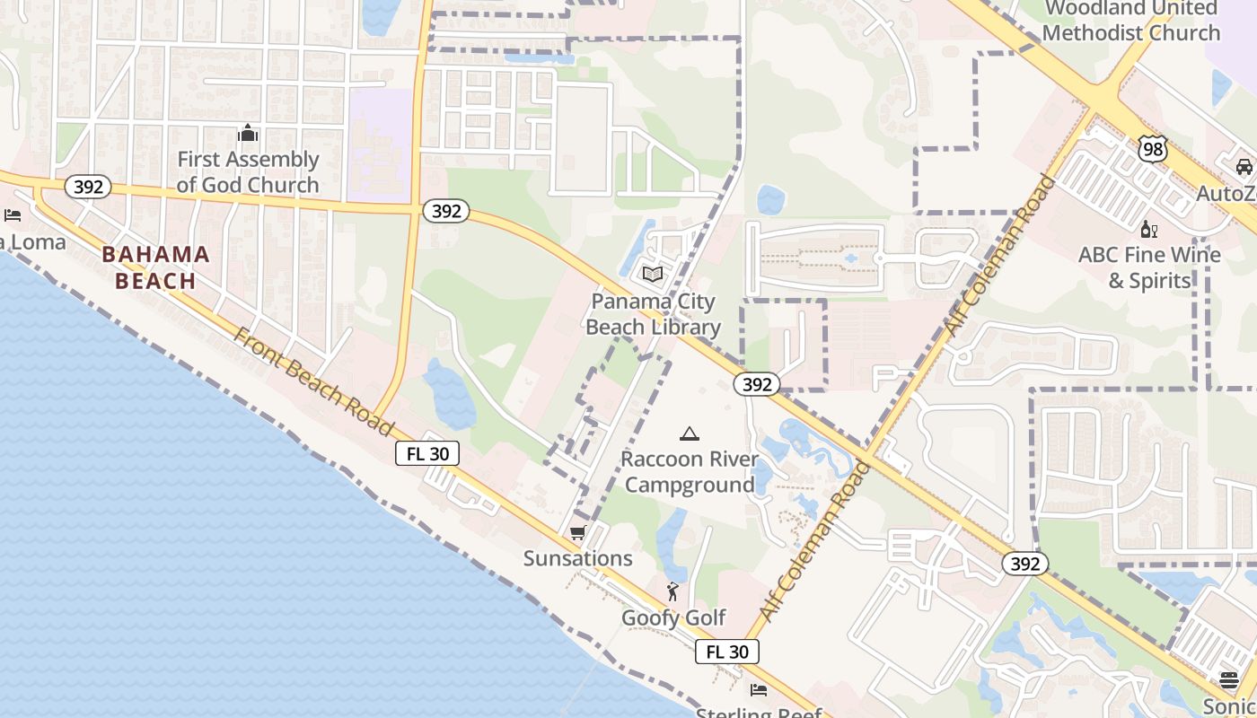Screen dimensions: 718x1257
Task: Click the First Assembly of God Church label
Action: click(248, 172)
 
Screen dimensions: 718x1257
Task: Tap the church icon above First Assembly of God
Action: click(248, 135)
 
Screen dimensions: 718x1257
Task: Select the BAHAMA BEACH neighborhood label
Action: click(155, 267)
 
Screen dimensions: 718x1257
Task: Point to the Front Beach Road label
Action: click(313, 382)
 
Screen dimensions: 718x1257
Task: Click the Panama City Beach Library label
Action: click(653, 314)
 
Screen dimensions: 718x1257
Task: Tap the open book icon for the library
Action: click(653, 274)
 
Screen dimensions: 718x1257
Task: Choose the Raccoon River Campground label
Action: click(690, 472)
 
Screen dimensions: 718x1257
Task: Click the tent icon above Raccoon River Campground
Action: click(690, 434)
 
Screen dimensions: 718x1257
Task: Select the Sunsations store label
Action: click(578, 558)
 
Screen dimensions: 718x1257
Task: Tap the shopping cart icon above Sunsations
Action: click(578, 532)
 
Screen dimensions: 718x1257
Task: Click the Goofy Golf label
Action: click(673, 617)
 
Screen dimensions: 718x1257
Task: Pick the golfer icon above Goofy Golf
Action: click(672, 591)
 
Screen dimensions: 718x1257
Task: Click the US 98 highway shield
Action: click(1153, 149)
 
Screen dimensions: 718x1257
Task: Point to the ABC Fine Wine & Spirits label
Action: click(1149, 267)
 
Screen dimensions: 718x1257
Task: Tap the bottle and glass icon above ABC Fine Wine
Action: click(1148, 229)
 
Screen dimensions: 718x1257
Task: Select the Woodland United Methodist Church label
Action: click(1132, 22)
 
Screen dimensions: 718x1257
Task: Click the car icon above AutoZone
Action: click(1244, 167)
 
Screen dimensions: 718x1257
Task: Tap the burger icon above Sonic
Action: click(1229, 679)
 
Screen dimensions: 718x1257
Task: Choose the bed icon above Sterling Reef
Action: click(759, 690)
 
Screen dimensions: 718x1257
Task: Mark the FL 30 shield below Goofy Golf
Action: click(727, 652)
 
